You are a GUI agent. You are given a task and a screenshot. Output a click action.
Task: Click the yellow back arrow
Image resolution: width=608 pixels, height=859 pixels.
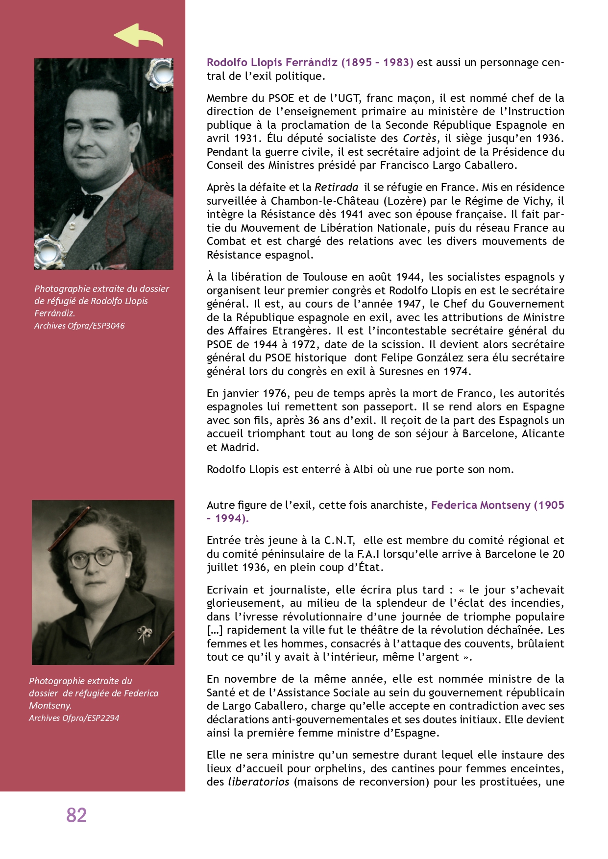click(x=138, y=36)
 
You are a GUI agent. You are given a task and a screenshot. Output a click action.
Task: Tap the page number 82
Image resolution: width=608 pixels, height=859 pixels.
click(x=76, y=815)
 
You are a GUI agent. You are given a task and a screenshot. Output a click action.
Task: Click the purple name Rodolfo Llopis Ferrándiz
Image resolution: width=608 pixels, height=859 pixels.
click(x=272, y=63)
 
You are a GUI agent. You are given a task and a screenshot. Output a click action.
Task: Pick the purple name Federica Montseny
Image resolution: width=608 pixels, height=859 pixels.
click(x=481, y=505)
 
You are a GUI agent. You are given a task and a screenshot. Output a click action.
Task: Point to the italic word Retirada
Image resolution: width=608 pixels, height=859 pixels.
click(x=336, y=188)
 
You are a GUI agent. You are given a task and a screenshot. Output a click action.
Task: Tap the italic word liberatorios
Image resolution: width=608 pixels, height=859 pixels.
click(x=259, y=782)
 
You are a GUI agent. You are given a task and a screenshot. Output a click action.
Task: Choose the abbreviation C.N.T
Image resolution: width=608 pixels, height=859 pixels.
click(x=339, y=541)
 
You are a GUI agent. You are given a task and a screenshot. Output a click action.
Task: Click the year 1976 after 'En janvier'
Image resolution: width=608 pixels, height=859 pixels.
click(x=275, y=394)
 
